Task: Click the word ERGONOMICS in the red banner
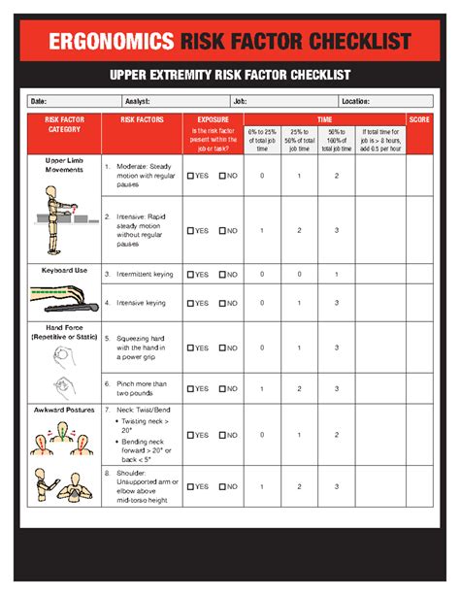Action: click(x=111, y=41)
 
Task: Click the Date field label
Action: click(x=39, y=101)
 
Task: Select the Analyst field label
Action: click(x=137, y=101)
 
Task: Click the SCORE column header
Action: click(x=420, y=119)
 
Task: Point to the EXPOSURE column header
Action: click(x=213, y=119)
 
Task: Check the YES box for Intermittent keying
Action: click(x=191, y=275)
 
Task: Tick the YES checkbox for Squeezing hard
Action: click(x=191, y=347)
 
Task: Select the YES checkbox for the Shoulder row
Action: click(x=191, y=486)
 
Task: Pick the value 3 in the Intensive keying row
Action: click(x=336, y=303)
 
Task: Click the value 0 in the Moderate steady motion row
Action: click(x=261, y=176)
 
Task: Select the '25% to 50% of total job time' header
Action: click(x=299, y=140)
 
